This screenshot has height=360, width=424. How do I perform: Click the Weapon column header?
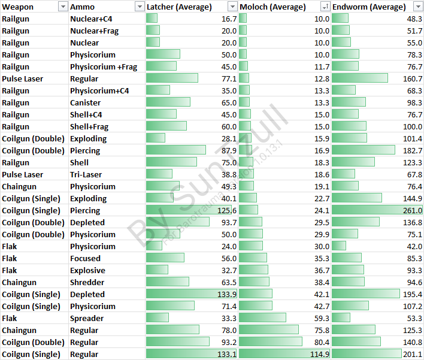(18, 7)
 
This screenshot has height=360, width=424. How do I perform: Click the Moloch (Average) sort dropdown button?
(325, 7)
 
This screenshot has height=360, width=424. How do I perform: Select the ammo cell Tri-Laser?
(86, 174)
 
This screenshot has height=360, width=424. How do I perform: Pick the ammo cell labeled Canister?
(85, 102)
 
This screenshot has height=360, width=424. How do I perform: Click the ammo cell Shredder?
(87, 282)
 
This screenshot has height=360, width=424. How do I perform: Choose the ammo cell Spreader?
(87, 318)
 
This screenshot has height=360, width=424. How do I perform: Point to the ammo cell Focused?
(85, 258)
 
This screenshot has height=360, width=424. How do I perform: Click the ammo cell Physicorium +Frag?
(104, 66)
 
